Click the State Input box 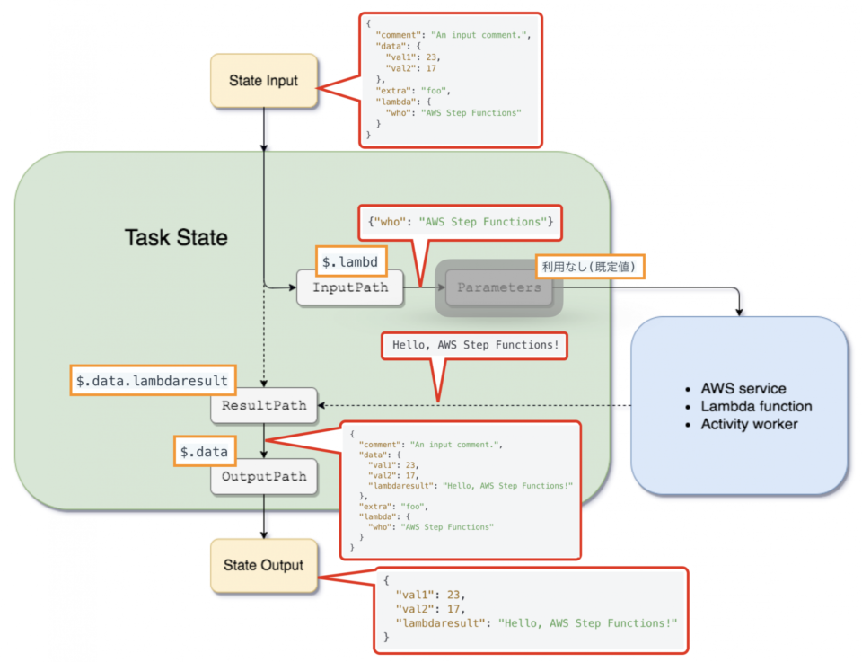click(x=264, y=81)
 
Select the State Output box click(x=264, y=566)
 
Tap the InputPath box click(x=349, y=287)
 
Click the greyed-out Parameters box click(x=499, y=287)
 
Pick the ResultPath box click(x=264, y=406)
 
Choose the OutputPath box click(x=264, y=477)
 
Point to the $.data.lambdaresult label click(x=152, y=381)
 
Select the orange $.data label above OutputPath click(x=204, y=452)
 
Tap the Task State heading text click(x=176, y=238)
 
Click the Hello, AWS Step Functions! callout click(x=475, y=345)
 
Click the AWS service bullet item click(x=743, y=389)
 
